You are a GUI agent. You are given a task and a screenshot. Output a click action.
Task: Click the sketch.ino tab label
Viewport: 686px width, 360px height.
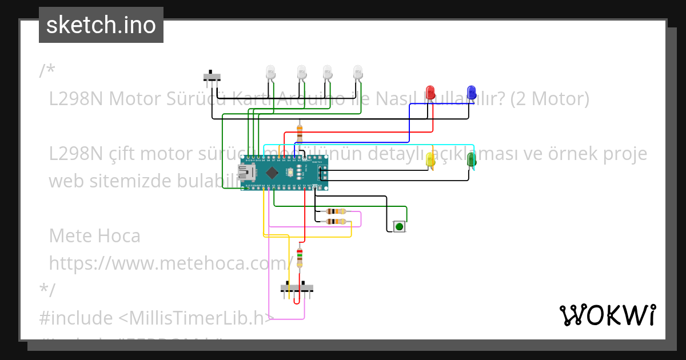101,25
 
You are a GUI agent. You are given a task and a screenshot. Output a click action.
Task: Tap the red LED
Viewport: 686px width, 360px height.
430,92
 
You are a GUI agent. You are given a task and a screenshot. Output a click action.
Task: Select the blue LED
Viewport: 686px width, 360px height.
471,92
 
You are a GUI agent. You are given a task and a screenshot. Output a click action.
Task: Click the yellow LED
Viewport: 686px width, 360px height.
431,159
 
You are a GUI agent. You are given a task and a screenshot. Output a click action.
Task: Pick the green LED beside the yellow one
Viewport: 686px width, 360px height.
472,159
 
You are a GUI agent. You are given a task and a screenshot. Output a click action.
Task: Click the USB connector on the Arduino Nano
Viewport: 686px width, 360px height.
246,171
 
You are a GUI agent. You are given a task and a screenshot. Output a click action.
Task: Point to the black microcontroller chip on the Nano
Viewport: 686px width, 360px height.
272,171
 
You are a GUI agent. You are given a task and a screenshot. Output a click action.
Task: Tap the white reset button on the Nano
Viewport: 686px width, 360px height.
290,171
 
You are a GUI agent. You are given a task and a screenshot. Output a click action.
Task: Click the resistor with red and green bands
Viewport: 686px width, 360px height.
300,258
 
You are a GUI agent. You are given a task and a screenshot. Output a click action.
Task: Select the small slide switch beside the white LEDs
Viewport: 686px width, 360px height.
212,76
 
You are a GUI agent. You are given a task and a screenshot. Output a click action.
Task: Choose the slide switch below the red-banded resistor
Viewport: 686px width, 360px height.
297,287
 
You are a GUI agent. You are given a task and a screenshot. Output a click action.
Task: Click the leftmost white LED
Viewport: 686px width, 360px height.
271,72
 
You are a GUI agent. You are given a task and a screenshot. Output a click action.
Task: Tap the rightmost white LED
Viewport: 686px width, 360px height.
358,72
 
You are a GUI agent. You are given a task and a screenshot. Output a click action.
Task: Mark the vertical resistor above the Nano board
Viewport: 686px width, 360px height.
300,132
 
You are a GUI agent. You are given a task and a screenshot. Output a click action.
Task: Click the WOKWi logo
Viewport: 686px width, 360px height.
607,315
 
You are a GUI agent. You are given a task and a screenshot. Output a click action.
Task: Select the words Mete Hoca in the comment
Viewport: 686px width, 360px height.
94,235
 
